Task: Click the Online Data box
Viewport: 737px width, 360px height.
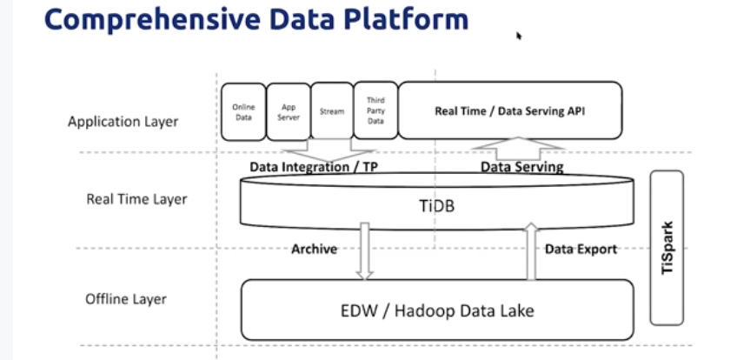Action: tap(243, 112)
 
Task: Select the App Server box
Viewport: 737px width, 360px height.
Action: tap(289, 112)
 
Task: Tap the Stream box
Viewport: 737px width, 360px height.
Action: tap(332, 111)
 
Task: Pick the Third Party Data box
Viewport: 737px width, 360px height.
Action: tap(375, 110)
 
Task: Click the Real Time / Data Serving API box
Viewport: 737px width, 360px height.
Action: tap(510, 110)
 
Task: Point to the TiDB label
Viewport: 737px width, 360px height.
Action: tap(436, 206)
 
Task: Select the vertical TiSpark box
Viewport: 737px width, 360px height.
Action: tap(667, 248)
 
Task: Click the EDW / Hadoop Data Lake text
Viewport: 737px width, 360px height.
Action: tap(437, 310)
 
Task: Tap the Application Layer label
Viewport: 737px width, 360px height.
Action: tap(123, 122)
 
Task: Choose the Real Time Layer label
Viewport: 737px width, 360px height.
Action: tap(136, 199)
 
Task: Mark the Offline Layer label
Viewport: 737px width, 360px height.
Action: tap(126, 299)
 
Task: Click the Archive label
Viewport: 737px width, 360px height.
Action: tap(314, 249)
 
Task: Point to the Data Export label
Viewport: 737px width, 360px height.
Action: tap(581, 249)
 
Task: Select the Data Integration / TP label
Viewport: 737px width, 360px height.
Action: tap(314, 167)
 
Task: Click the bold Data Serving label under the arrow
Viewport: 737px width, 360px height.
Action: tap(521, 167)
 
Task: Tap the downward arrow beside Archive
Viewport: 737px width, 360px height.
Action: tap(364, 251)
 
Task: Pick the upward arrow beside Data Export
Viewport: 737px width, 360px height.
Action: tap(531, 251)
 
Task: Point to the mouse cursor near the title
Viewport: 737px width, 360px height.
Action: tap(519, 36)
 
